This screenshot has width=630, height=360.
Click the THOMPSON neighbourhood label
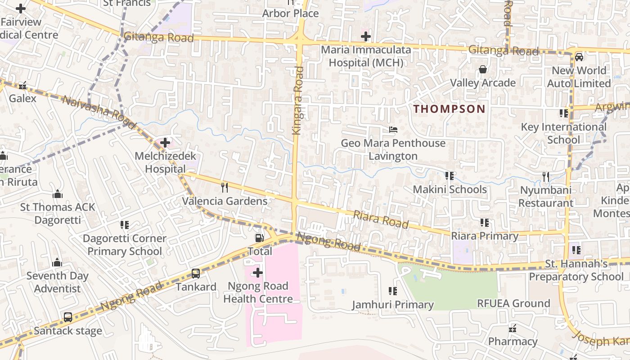449,109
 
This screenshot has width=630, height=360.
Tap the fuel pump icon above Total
259,238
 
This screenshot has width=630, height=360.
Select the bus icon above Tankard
196,273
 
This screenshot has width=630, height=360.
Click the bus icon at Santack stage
68,317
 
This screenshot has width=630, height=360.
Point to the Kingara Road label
298,100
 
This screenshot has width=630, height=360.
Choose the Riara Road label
381,219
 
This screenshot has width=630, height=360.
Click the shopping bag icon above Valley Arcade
483,69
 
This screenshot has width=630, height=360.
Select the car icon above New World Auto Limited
579,57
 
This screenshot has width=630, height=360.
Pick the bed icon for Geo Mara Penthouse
393,130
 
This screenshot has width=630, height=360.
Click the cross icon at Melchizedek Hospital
165,143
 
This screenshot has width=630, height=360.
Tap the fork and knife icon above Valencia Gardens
225,187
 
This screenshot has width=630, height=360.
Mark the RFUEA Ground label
513,303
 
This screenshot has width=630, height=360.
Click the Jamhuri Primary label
393,305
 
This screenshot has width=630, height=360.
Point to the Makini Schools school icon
449,175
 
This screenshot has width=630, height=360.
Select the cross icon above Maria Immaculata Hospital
366,36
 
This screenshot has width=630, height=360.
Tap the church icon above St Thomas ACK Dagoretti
58,194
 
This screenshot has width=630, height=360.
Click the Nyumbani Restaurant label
546,197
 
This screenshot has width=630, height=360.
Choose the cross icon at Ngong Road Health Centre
258,272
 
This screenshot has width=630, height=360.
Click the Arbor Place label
291,13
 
